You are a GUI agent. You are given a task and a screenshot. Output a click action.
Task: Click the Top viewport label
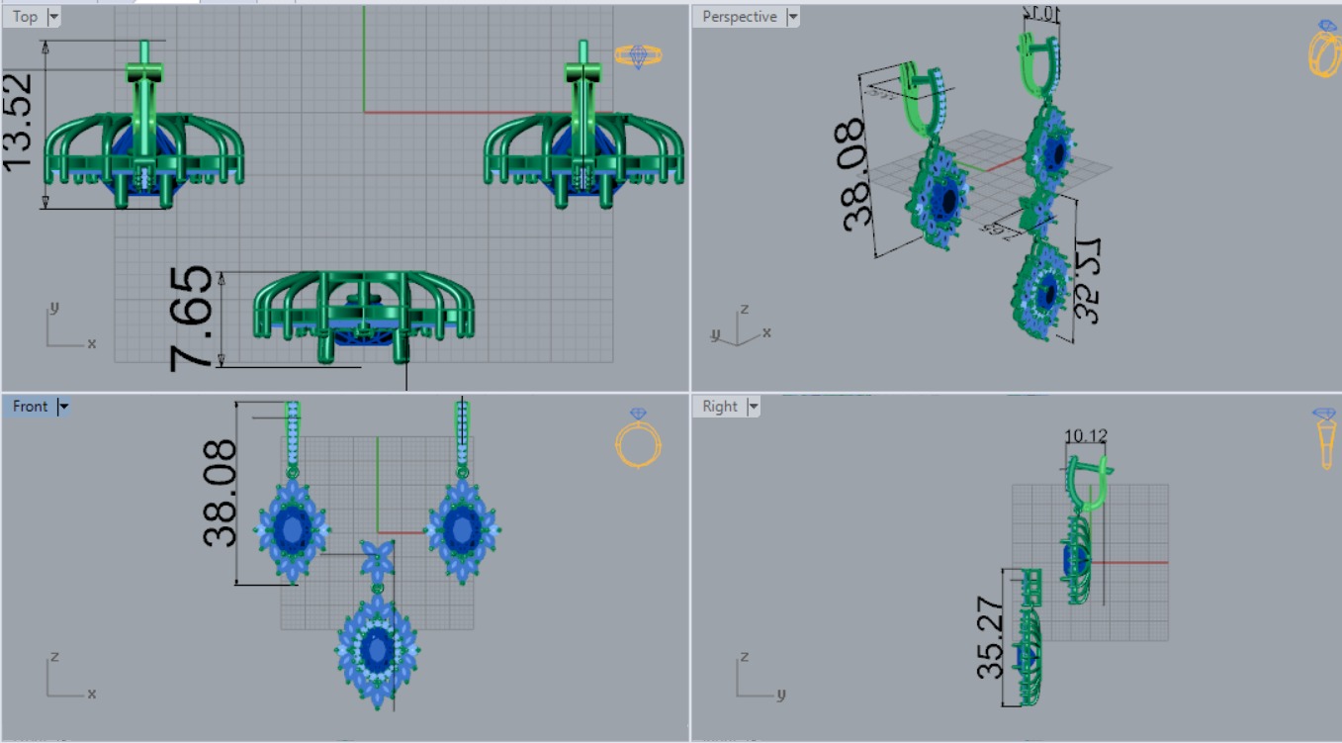25,16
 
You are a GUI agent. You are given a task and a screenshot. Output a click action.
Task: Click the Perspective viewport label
738,17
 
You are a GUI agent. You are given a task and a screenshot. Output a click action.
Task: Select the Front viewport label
30,406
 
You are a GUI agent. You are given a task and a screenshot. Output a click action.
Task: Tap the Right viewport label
720,406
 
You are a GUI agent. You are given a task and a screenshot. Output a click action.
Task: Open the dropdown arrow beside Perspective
792,17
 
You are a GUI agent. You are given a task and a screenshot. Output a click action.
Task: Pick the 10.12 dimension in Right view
1085,435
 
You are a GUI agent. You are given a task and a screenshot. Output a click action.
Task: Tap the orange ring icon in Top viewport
638,55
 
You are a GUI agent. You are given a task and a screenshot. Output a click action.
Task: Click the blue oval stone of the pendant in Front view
376,650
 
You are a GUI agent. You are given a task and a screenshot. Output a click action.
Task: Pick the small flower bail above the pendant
377,561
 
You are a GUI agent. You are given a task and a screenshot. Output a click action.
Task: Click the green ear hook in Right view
1085,484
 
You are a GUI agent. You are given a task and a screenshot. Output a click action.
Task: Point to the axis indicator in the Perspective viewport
737,328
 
